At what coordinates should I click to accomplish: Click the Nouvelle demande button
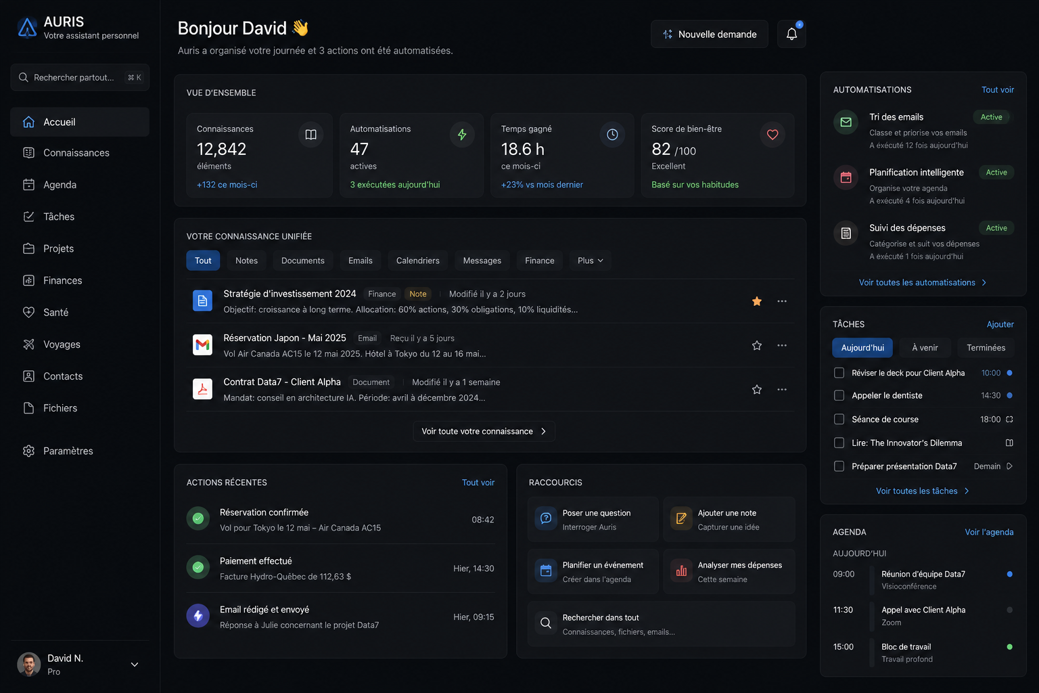(709, 34)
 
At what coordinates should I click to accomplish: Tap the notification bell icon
(791, 34)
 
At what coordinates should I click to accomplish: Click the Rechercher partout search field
(79, 77)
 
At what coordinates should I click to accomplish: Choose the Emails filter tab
(360, 261)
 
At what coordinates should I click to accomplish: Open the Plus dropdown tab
(590, 261)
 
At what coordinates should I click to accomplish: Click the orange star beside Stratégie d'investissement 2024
(756, 301)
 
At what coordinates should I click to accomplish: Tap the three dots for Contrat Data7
(781, 389)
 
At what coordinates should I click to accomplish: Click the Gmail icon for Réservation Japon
(202, 345)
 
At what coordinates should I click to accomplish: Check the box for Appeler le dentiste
(839, 395)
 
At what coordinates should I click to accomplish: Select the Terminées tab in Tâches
(986, 348)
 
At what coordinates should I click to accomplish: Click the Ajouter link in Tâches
(1000, 324)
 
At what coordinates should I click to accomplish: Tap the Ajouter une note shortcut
(729, 519)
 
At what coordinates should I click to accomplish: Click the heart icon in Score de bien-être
(772, 135)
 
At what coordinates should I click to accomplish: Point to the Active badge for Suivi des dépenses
(996, 228)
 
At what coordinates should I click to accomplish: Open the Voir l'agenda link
(989, 532)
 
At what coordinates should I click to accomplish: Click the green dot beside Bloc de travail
(1009, 646)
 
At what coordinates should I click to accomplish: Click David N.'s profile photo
(29, 664)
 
